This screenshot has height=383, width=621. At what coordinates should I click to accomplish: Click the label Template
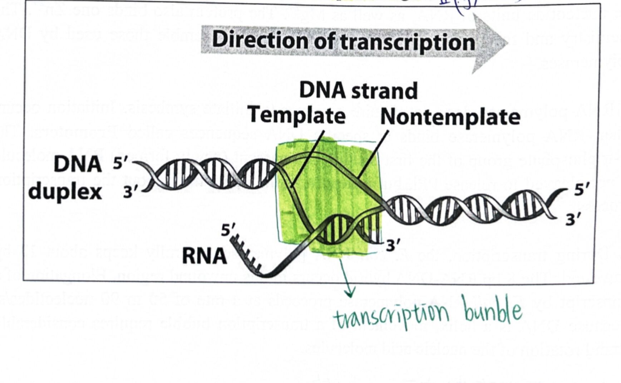coord(297,116)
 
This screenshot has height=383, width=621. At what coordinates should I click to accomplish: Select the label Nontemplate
coord(450,117)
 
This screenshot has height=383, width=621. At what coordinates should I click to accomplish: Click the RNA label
coord(204,256)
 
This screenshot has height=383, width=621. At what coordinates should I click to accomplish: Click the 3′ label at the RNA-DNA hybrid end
coord(393,246)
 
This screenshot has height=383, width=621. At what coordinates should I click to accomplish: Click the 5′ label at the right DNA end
coord(582,190)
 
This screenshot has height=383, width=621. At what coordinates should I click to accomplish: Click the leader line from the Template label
coord(307,157)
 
